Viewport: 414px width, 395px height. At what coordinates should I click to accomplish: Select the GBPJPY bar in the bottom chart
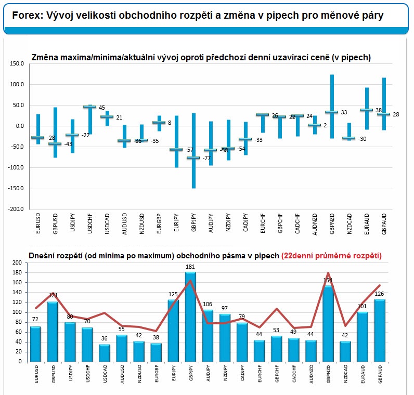[x=190, y=317]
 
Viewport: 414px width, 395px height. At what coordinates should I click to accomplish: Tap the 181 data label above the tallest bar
[x=190, y=267]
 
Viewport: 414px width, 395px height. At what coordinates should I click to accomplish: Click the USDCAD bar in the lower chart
[x=105, y=353]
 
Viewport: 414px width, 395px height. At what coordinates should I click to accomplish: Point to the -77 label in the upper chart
[x=206, y=158]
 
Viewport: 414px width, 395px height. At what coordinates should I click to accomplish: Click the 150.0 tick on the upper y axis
[x=17, y=63]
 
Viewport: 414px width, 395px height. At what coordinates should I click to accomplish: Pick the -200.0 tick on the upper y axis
[x=16, y=209]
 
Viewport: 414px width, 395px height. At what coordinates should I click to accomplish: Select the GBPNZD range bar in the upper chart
[x=332, y=107]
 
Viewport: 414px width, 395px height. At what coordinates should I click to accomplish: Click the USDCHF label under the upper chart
[x=90, y=223]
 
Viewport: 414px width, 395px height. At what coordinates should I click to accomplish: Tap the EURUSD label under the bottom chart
[x=36, y=374]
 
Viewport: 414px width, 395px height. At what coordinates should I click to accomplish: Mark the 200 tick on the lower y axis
[x=17, y=262]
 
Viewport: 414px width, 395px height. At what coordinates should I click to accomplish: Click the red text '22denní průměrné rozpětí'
[x=331, y=256]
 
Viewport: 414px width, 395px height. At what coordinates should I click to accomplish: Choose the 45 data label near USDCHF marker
[x=102, y=108]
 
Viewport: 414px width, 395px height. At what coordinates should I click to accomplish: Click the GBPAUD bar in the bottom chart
[x=380, y=331]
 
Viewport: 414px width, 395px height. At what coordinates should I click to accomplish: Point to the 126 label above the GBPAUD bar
[x=379, y=294]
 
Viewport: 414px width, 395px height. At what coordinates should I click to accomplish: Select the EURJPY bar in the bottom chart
[x=173, y=331]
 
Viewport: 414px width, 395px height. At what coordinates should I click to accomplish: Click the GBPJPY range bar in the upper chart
[x=193, y=151]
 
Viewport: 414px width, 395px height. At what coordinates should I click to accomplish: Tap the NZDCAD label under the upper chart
[x=350, y=224]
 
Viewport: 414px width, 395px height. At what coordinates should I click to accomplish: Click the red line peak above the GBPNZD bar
[x=328, y=272]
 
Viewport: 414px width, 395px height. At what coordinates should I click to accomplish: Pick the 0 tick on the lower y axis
[x=20, y=362]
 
